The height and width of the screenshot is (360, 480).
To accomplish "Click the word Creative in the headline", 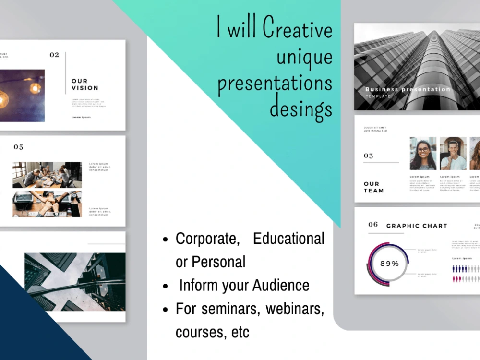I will coord(298,29).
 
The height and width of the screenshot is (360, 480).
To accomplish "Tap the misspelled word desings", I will coord(301,108).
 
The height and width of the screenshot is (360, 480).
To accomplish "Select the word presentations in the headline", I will coord(275,83).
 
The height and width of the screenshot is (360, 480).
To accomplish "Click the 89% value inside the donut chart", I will coord(389,264).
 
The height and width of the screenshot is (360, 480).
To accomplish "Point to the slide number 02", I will coord(54,55).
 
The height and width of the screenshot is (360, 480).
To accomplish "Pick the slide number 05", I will coord(18,147).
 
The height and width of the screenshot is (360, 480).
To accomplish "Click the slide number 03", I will coord(368,156).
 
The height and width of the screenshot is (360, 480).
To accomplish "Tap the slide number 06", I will coord(373,225).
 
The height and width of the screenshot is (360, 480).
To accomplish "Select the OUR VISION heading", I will coord(85,84).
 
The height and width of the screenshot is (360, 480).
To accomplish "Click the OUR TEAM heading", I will coord(373,187).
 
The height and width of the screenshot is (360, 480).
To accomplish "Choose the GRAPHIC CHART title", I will coord(417,226).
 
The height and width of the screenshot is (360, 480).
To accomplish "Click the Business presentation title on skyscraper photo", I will coord(408,89).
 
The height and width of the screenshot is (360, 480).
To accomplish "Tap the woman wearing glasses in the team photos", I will coord(423,154).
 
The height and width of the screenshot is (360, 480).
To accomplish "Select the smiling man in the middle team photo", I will coord(453,154).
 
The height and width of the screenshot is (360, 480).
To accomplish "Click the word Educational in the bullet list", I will coord(288,239).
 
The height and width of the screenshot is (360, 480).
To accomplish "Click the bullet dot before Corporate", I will coord(166,240).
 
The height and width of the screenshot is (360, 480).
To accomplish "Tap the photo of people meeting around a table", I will coord(47,175).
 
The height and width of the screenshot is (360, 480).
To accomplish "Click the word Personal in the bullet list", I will coord(218,262).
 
